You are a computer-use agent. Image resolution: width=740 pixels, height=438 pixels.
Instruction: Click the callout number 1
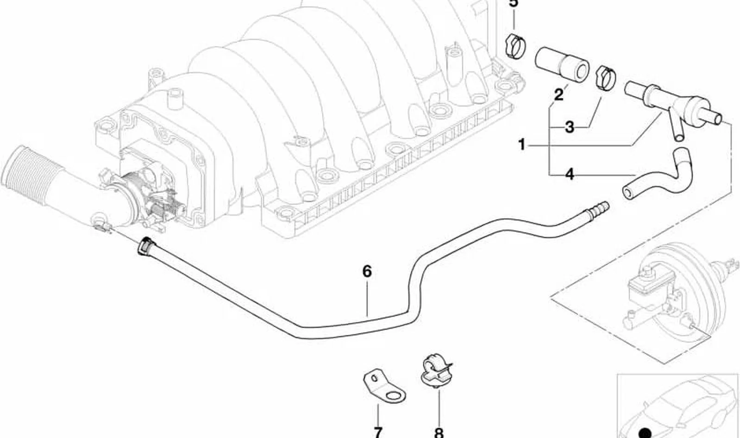522,144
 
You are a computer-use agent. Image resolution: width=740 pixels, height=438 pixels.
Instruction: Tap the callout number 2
558,95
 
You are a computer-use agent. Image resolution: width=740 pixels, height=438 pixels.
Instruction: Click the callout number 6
367,271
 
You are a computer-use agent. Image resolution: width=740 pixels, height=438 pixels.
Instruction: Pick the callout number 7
378,432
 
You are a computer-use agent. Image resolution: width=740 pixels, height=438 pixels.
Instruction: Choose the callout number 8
439,432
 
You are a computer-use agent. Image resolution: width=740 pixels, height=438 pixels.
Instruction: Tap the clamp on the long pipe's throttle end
146,246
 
